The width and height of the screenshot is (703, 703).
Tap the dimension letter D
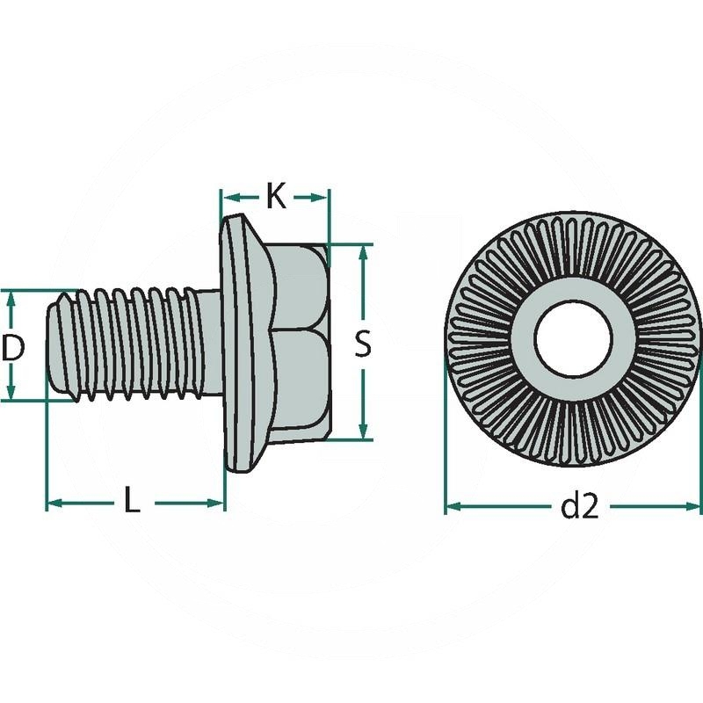point(11,347)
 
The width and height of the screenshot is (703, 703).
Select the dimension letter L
point(131,502)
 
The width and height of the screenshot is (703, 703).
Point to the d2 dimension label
point(579,506)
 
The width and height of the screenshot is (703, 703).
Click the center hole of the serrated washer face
point(573,339)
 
